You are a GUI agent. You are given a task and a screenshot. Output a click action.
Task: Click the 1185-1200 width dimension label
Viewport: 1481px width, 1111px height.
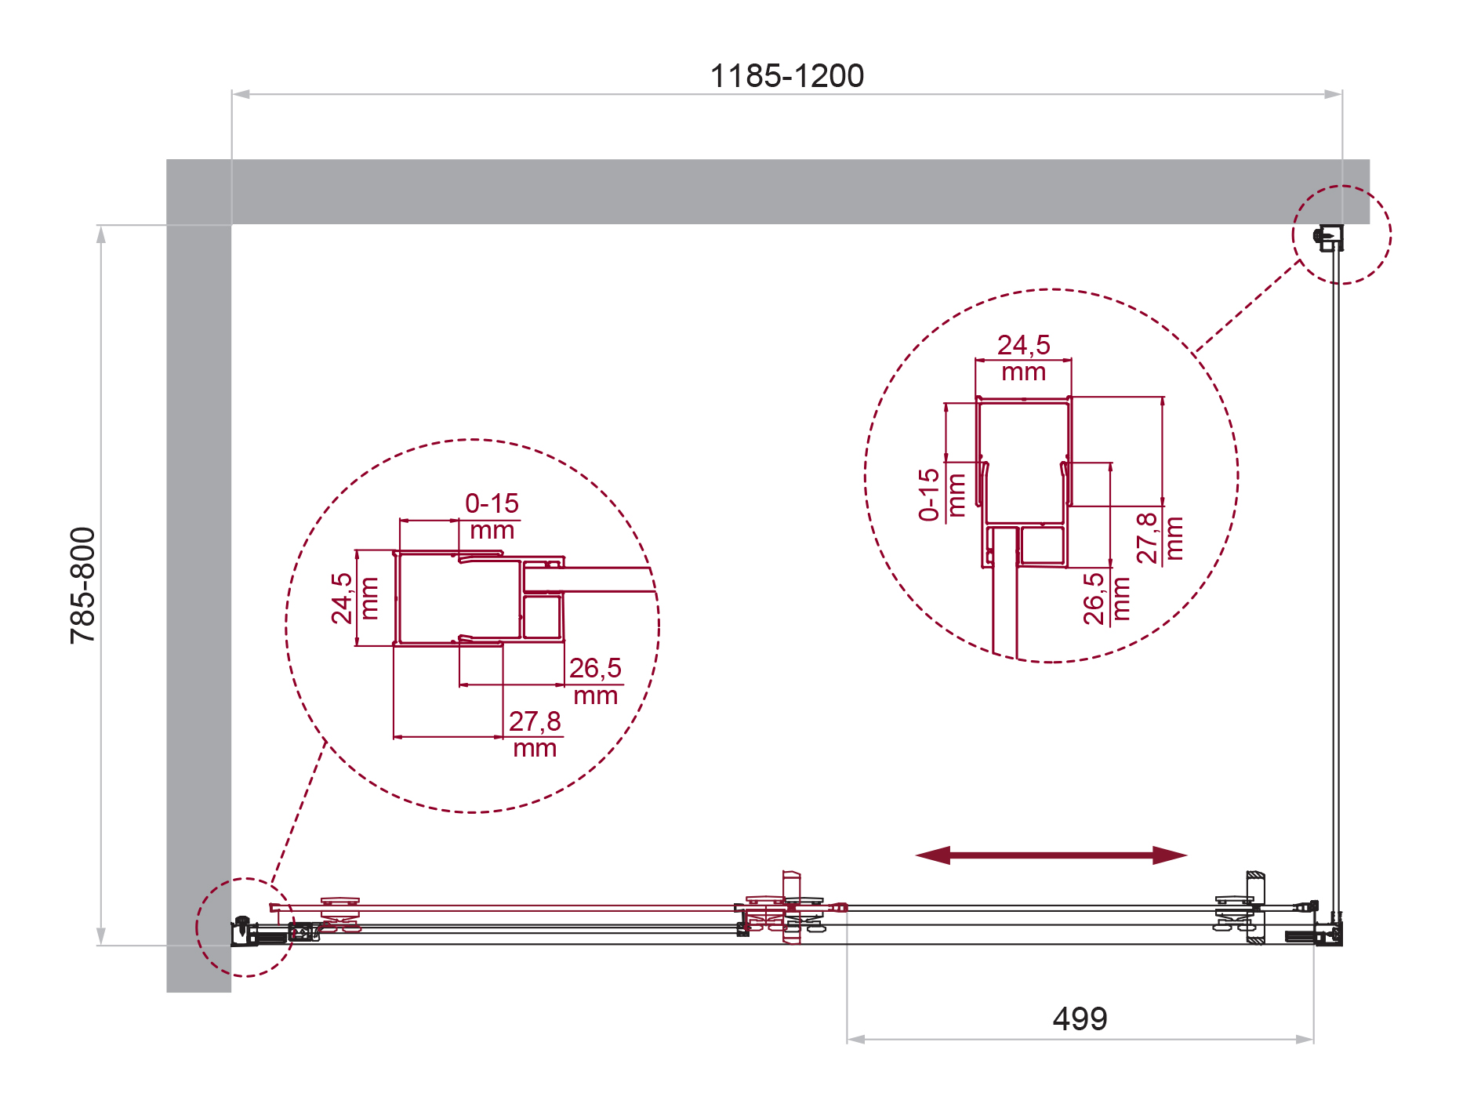point(786,76)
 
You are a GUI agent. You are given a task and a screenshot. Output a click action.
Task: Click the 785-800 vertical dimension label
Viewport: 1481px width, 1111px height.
point(82,586)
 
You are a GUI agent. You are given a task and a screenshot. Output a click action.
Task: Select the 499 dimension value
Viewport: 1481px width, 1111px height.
point(1080,1018)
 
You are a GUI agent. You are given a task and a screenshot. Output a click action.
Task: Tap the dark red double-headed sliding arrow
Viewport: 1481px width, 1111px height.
point(1051,855)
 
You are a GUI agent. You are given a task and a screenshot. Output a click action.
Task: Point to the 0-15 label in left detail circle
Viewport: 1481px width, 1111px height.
point(492,503)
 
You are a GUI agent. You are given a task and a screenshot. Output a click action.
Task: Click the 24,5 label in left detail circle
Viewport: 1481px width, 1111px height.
point(342,598)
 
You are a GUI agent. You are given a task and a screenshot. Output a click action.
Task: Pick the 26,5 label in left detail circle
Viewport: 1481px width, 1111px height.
point(595,668)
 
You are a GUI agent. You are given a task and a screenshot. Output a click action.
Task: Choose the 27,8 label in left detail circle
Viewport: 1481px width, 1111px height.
point(535,721)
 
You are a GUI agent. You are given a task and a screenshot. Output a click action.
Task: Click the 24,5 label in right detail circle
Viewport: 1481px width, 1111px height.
point(1023,345)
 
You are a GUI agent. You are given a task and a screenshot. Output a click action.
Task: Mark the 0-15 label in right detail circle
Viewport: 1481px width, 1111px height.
point(929,495)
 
